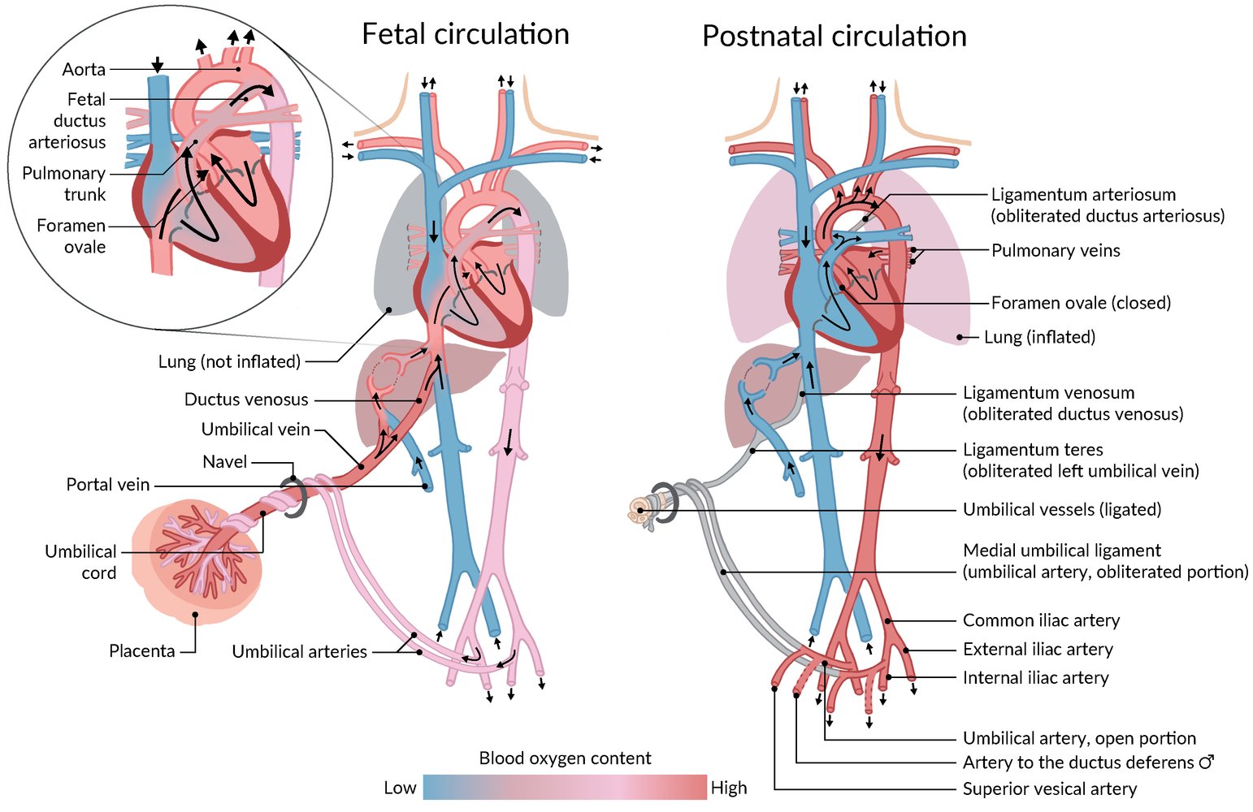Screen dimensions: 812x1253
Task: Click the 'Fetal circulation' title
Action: [465, 34]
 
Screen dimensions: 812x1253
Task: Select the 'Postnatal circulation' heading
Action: [834, 37]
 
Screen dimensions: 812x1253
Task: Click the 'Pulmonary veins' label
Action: [1056, 250]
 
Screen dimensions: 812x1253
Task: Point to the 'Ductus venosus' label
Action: [246, 400]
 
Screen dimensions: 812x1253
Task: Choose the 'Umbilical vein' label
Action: [255, 430]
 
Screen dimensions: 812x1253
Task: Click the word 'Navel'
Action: [224, 462]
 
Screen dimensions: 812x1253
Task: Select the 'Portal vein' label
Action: [108, 485]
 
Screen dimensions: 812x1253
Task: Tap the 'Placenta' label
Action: [142, 651]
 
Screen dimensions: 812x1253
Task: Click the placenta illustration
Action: [195, 560]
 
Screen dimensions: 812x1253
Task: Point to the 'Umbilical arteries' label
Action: [299, 651]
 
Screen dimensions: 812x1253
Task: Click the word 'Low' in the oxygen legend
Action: [400, 788]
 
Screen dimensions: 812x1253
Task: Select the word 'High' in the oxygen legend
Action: [728, 788]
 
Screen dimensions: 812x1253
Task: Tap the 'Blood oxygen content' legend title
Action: [565, 758]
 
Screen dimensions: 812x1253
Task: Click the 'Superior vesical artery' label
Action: [1049, 788]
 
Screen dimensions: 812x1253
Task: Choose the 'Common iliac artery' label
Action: [1041, 620]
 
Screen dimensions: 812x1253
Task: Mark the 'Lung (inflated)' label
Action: [1039, 337]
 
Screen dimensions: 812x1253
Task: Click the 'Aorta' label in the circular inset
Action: [84, 70]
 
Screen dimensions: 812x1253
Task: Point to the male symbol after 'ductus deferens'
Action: [1207, 762]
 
